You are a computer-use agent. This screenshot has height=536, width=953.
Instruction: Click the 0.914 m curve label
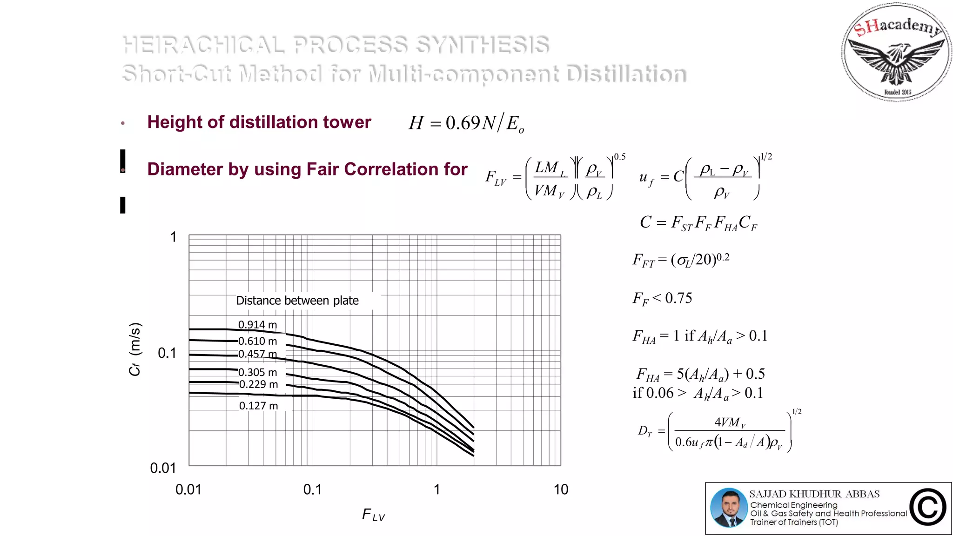tap(257, 324)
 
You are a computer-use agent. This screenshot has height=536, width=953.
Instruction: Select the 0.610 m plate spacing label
tap(257, 341)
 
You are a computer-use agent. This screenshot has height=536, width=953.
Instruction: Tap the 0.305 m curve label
tap(257, 372)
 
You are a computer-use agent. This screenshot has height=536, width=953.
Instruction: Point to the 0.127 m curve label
tap(258, 406)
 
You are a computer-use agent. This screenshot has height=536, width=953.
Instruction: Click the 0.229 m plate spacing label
tap(258, 384)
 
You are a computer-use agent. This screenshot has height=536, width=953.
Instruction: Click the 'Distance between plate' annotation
tap(297, 301)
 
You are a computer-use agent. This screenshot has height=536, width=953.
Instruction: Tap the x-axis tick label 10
tap(561, 489)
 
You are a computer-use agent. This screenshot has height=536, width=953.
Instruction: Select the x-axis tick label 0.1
tap(312, 489)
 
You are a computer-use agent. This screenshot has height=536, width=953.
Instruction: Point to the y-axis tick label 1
tap(173, 237)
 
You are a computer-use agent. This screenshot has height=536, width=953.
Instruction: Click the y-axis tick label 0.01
tap(163, 468)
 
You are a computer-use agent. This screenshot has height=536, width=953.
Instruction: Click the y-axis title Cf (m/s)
tap(134, 349)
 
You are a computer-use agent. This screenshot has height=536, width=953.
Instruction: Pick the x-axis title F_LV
tap(373, 515)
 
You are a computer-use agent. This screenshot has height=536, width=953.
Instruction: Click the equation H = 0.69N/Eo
tap(466, 123)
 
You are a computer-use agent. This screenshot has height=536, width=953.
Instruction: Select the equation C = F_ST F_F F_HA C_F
tap(698, 223)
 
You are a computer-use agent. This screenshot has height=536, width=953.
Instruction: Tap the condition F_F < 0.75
tap(662, 298)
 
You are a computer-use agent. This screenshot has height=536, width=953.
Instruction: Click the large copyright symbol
tap(928, 507)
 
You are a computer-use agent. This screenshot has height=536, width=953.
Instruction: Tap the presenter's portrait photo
tap(728, 508)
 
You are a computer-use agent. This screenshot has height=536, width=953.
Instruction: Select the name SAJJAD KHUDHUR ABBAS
tap(814, 494)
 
